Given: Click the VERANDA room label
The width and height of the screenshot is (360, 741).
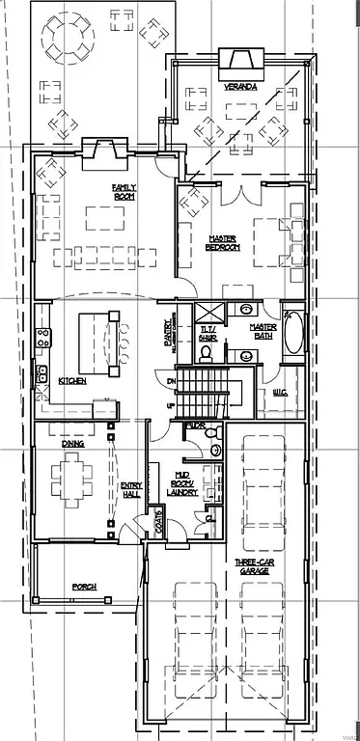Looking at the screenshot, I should coord(241,86).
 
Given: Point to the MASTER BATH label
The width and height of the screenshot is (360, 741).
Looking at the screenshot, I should coord(263,330).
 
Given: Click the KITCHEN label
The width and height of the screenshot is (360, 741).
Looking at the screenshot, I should coord(72,381).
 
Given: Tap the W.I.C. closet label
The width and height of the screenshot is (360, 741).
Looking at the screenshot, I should coord(281,391).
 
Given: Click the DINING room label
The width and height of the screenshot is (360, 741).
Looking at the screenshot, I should coord(73,444).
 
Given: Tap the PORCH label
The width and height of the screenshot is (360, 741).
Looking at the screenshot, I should coord(84,586).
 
